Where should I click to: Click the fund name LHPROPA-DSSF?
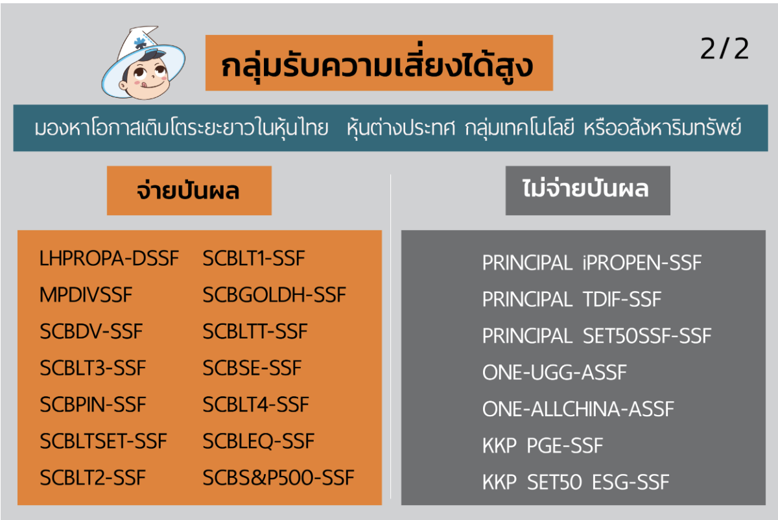click(109, 259)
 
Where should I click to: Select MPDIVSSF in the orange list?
click(86, 295)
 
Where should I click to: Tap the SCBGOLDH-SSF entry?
click(274, 295)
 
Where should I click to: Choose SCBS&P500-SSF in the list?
click(279, 478)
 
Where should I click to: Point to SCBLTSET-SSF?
click(103, 441)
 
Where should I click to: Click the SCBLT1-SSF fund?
click(254, 259)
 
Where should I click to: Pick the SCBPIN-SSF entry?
click(93, 405)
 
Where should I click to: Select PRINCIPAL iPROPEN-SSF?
click(592, 263)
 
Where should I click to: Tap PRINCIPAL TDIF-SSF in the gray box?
click(572, 299)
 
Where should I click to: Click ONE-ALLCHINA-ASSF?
click(578, 409)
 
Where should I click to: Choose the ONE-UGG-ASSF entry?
click(554, 372)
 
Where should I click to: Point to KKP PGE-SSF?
click(543, 445)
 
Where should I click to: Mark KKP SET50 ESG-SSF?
click(576, 482)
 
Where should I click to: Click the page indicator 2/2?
click(725, 49)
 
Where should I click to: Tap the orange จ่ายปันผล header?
click(189, 191)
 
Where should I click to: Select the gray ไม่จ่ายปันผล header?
click(587, 191)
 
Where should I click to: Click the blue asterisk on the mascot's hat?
click(140, 43)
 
